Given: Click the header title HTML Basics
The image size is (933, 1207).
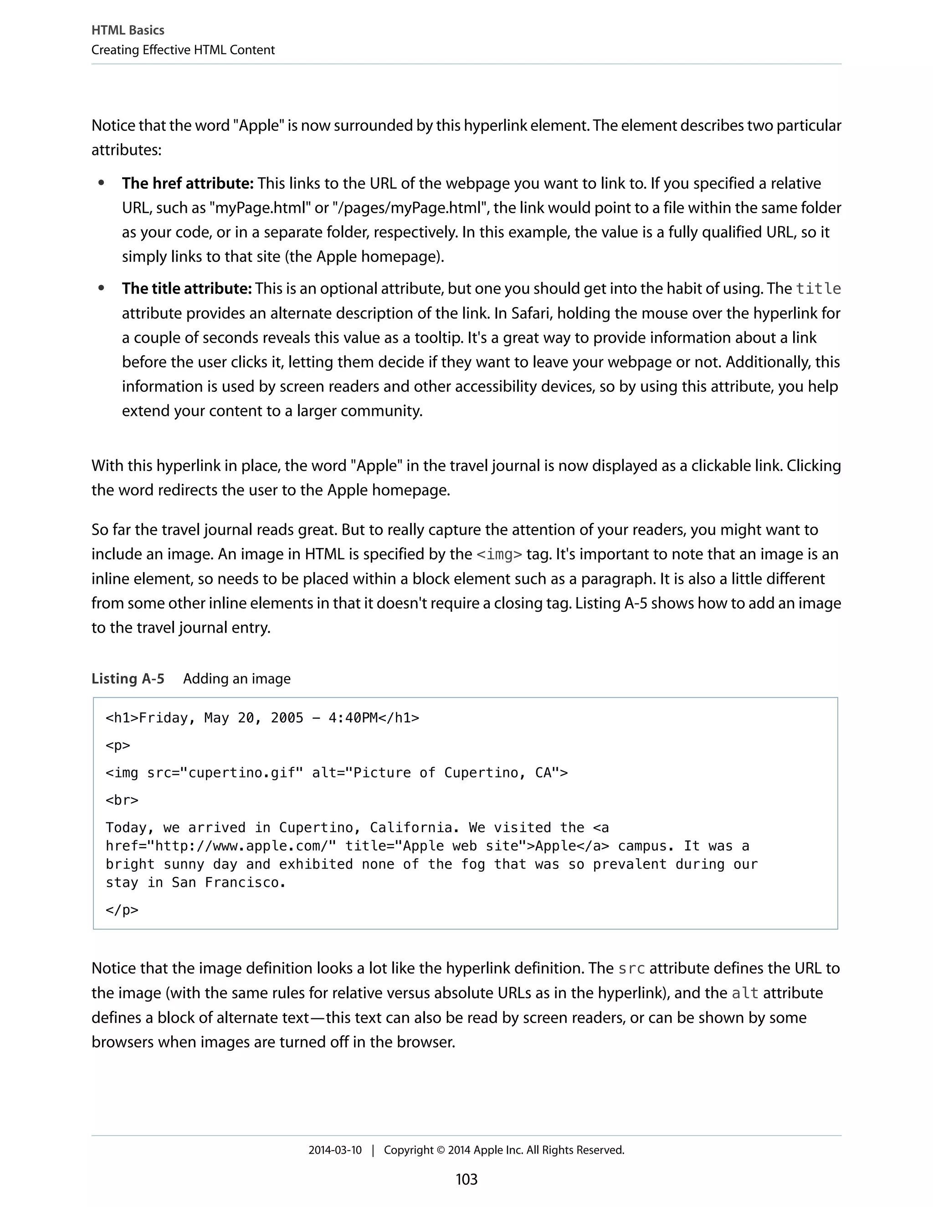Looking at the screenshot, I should coord(128,31).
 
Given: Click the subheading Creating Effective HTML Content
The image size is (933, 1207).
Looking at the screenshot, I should coord(183,50).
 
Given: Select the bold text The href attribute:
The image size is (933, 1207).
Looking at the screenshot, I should coord(187,184).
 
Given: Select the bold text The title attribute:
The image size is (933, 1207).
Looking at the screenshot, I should coord(187,288).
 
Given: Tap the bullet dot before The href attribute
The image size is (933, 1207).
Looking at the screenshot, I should coord(101,183).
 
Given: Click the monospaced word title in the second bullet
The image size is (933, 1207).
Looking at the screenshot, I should coord(818,288).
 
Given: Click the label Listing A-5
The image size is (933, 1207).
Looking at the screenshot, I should coord(128,679).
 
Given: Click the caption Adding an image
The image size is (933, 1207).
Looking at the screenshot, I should coord(236,679).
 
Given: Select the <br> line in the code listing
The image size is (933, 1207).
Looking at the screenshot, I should coord(122,800).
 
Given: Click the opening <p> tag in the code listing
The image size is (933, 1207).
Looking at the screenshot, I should coord(118,746).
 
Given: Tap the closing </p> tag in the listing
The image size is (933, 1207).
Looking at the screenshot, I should coord(122,910).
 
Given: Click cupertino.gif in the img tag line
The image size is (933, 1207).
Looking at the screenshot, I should coord(241,772).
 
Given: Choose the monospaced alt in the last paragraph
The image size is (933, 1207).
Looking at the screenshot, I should coord(744,993).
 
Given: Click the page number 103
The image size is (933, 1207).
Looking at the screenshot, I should coord(466,1179).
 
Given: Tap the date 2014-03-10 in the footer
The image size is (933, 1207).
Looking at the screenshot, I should coord(335,1150).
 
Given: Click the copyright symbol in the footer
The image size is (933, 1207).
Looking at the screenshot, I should coord(441,1150).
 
